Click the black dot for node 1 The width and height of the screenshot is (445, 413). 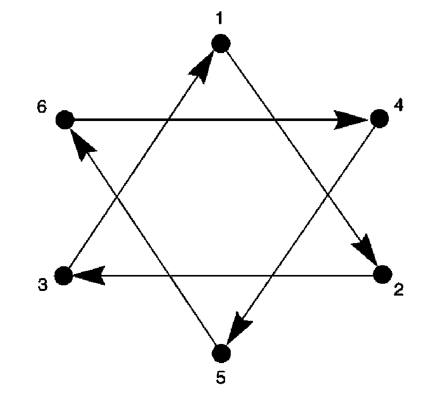pos(220,44)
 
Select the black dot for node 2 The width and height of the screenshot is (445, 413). pos(382,274)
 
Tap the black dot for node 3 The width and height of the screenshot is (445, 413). pos(64,276)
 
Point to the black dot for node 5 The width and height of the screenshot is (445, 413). pos(222,353)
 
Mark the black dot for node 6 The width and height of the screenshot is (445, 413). pos(64,120)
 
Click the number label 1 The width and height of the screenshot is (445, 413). pos(220,19)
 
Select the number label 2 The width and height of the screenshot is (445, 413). pos(398,289)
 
